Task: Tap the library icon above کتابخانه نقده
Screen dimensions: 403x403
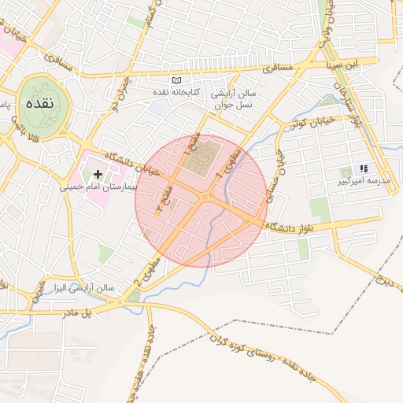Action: (x=177, y=80)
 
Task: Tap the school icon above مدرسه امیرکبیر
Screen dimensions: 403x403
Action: (x=363, y=168)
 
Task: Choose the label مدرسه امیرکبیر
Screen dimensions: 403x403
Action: (x=363, y=181)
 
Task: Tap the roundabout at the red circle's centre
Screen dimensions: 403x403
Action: (x=206, y=197)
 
